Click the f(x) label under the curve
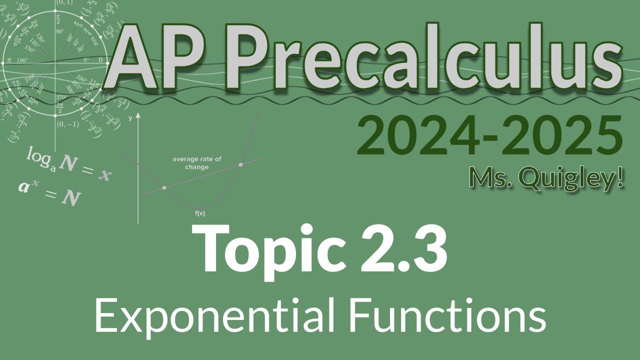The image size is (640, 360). point(200,213)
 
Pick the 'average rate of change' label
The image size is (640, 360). point(197,163)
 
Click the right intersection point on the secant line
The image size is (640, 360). point(241,164)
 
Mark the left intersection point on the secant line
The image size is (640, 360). point(164,188)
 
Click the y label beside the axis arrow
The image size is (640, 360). point(130,118)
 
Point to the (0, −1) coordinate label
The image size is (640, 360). point(67,124)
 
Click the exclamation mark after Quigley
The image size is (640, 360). point(620,177)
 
